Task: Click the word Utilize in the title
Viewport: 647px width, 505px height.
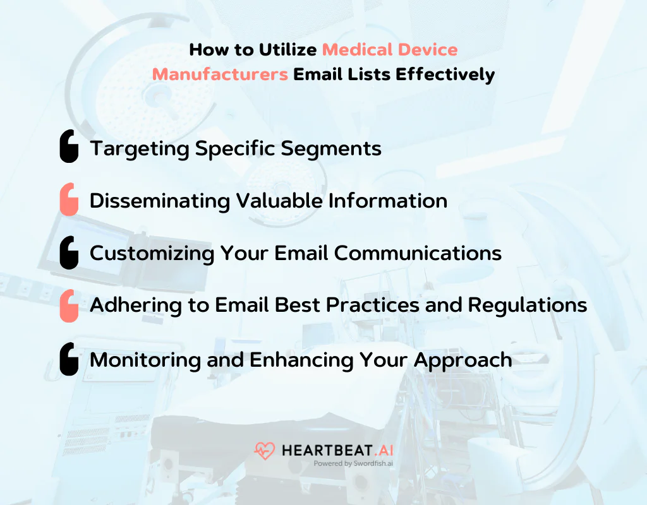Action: coord(287,49)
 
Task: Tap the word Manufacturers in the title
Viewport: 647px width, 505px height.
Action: coord(220,74)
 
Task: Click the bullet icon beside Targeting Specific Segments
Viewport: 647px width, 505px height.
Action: coord(69,147)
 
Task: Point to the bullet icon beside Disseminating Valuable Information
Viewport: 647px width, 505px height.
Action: coord(69,200)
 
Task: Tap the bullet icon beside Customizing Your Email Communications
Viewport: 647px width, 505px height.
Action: coord(69,253)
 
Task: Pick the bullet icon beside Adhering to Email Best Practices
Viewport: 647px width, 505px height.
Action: coord(69,306)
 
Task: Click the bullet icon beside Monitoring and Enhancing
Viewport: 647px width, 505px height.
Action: coord(69,359)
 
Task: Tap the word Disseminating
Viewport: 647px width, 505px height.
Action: coord(160,201)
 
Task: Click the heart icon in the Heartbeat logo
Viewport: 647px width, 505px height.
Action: coord(264,451)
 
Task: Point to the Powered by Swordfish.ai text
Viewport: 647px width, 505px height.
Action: coord(353,463)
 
